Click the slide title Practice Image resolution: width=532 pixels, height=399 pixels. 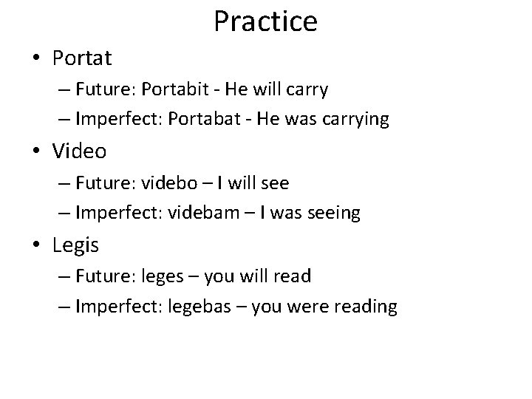pos(265,21)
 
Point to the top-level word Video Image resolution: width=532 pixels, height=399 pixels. pos(79,151)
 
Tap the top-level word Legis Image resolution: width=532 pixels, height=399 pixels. pos(75,245)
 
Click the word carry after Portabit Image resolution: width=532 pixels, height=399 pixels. pos(308,90)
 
